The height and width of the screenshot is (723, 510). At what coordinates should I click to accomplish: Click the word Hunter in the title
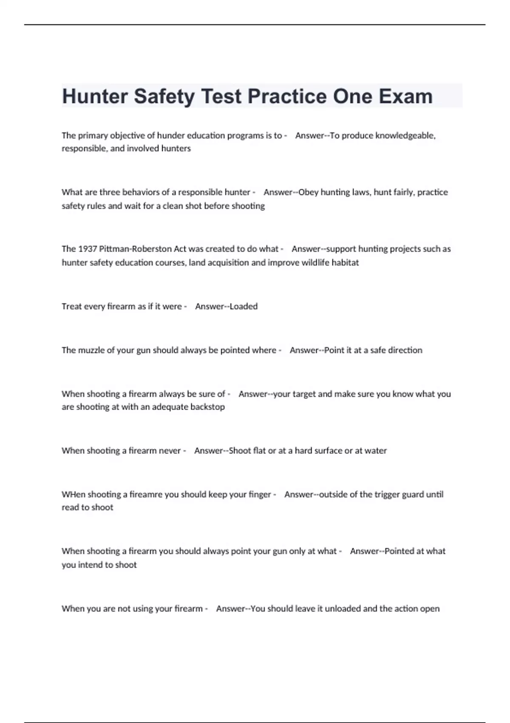coord(95,97)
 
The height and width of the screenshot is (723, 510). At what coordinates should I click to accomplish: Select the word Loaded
coord(244,306)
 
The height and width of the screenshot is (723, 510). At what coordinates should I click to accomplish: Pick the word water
coord(376,450)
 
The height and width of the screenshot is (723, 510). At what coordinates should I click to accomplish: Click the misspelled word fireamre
coord(146,494)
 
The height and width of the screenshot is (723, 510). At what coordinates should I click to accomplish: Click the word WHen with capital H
coord(73,494)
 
